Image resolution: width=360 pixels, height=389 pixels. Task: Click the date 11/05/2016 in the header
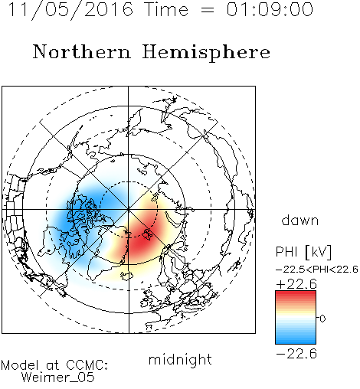click(70, 10)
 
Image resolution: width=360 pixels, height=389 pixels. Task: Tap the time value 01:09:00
click(270, 9)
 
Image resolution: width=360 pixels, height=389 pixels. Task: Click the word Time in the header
click(166, 9)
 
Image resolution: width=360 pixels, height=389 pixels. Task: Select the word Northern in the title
click(82, 51)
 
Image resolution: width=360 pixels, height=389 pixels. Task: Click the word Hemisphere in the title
click(206, 53)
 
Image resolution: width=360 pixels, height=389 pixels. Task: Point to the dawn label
click(300, 220)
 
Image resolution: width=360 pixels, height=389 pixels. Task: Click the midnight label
click(180, 359)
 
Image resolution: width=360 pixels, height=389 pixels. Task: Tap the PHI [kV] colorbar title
click(303, 252)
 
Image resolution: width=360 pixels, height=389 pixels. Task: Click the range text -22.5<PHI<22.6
click(317, 270)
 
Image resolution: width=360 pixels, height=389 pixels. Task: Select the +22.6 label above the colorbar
click(296, 284)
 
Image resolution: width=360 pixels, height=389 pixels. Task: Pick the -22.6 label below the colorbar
click(296, 354)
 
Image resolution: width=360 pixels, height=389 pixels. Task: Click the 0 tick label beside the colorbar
click(322, 319)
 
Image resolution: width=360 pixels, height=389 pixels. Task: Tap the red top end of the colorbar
click(296, 293)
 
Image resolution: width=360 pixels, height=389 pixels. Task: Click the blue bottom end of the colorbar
click(296, 341)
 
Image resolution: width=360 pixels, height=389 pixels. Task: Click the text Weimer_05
click(58, 378)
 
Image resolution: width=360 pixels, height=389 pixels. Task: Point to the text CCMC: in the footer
click(87, 365)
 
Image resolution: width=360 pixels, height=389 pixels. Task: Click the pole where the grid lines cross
click(129, 209)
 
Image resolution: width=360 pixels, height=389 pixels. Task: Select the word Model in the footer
click(20, 365)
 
